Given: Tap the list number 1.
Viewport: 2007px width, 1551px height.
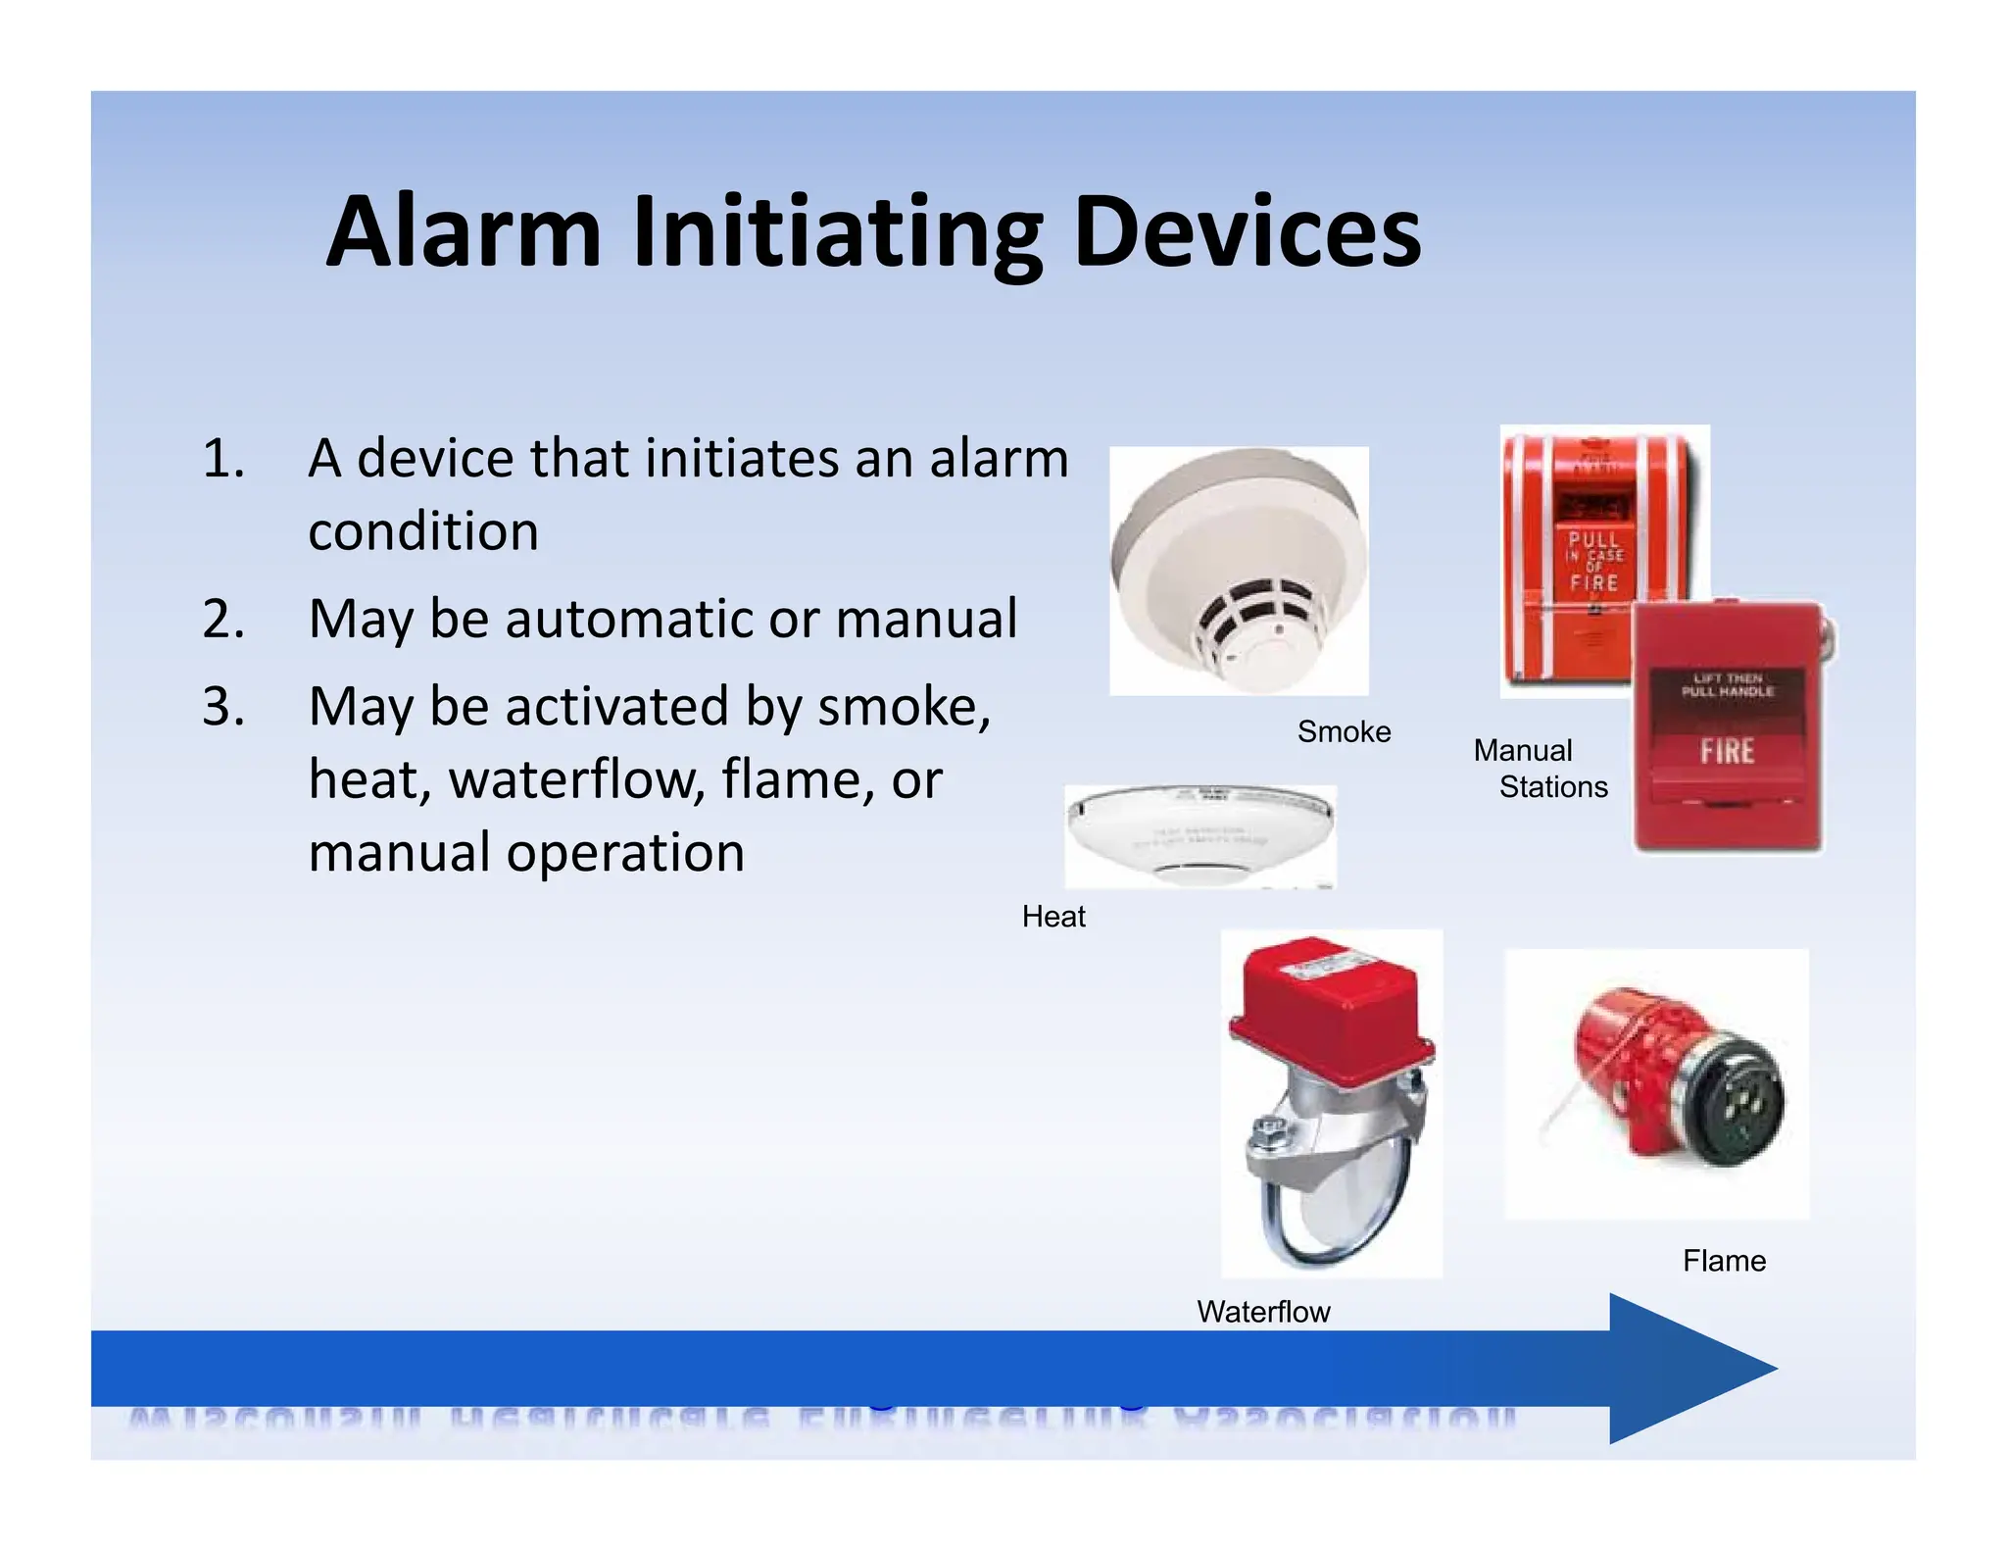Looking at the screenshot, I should click(222, 459).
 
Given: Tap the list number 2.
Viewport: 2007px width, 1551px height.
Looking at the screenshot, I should click(222, 620).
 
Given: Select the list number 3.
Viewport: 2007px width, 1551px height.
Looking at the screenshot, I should click(222, 707).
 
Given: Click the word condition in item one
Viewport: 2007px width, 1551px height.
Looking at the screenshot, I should click(423, 531).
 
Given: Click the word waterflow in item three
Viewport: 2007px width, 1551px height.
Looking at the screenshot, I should click(576, 780).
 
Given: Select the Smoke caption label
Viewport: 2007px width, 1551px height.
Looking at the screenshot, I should click(1344, 731).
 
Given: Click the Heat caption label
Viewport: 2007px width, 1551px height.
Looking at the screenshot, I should click(1053, 917).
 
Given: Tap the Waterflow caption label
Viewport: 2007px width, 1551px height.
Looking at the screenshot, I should click(1263, 1312).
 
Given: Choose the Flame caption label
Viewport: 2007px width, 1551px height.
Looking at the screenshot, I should click(1724, 1261).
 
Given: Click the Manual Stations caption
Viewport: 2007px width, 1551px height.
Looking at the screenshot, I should click(1541, 769).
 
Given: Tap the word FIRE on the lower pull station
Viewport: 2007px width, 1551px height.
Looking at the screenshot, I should click(1727, 752).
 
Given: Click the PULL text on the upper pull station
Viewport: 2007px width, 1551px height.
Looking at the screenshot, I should click(1593, 540).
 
